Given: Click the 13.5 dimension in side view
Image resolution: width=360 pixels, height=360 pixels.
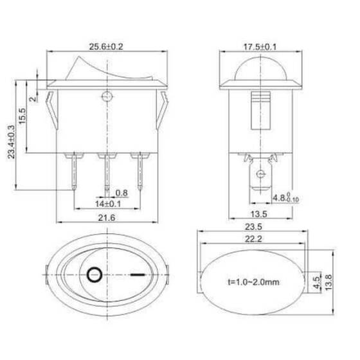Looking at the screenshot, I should tap(260, 213).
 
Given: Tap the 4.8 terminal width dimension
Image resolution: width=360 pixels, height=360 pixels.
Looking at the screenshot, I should tap(282, 197).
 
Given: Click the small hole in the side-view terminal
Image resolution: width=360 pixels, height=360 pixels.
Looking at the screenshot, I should tap(260, 174).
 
